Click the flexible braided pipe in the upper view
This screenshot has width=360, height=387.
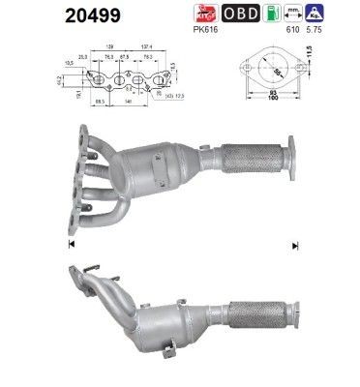point(247,156)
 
